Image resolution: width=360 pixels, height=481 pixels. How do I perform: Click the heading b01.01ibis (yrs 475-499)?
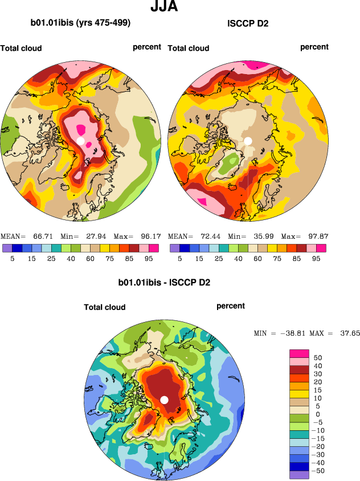(80, 23)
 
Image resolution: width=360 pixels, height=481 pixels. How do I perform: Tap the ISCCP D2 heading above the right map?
(248, 23)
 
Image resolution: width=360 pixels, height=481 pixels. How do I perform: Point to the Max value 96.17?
(150, 236)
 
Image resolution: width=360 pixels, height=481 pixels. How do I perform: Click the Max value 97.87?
(318, 236)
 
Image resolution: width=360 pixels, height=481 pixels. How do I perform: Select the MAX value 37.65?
(347, 333)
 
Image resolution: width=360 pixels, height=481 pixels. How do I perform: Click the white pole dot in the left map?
(81, 140)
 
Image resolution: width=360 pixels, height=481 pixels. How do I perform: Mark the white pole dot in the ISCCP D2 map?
(248, 140)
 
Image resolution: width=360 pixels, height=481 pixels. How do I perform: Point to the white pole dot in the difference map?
(165, 400)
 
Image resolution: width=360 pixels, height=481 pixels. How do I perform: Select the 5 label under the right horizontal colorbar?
(179, 258)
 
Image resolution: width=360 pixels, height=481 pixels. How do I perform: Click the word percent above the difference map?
(231, 306)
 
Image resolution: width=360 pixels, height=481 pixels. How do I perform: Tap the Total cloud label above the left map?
(21, 48)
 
